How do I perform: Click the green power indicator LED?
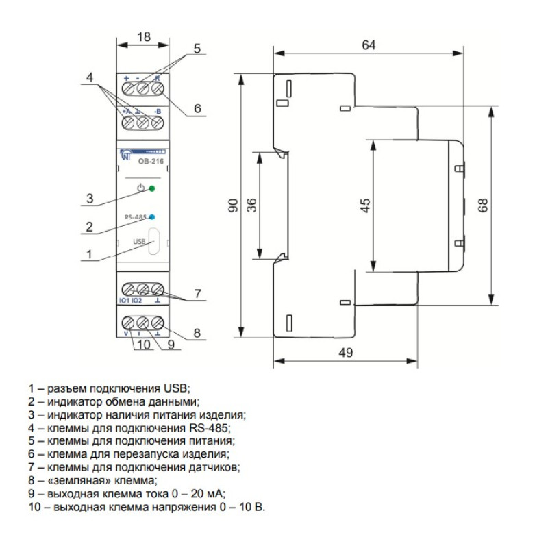point(151,189)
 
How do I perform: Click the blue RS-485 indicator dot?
point(152,217)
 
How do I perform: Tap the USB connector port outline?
point(154,242)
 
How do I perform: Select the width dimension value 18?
point(144,37)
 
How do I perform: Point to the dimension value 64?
point(369,45)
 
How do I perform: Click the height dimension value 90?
point(233,205)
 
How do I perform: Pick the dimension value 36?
point(251,205)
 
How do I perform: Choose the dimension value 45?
point(364,206)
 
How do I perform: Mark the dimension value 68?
point(483,206)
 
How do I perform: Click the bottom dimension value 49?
point(346,353)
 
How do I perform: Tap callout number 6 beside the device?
point(197,108)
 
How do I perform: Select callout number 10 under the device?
point(143,345)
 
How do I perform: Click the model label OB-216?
point(151,162)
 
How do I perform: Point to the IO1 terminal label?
point(125,301)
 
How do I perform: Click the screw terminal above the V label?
point(128,322)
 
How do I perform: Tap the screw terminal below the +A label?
point(128,123)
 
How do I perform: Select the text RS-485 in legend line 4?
point(208,428)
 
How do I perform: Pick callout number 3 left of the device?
point(90,199)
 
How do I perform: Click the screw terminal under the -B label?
point(158,123)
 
